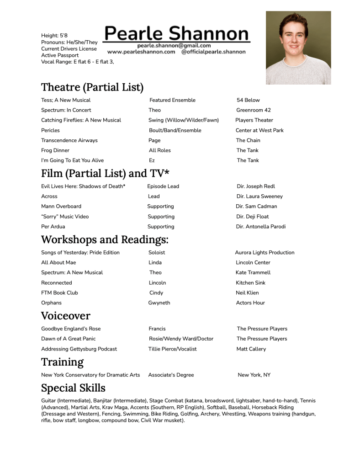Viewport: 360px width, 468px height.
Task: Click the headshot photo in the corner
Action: (298, 48)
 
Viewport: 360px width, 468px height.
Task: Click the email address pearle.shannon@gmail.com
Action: (174, 45)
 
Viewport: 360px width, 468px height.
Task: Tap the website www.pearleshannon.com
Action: (141, 52)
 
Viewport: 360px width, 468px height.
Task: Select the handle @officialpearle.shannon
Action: (213, 52)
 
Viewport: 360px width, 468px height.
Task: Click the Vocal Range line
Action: (77, 62)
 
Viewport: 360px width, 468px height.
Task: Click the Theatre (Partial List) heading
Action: (92, 87)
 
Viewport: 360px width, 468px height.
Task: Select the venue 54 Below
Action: (248, 100)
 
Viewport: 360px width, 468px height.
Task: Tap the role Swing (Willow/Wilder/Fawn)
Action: (184, 120)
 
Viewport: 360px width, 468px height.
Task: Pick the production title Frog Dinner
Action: (55, 150)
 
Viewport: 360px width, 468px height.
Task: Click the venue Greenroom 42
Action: (254, 110)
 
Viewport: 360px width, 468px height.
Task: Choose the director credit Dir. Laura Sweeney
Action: (259, 197)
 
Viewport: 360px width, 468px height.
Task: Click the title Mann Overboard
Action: (61, 207)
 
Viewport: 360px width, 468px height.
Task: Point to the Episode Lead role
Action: (163, 186)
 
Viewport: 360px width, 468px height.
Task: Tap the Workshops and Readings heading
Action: (105, 239)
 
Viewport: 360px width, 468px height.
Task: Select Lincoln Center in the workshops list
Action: (253, 263)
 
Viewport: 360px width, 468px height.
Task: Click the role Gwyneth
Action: (159, 303)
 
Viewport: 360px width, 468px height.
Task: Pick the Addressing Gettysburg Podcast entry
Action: (79, 349)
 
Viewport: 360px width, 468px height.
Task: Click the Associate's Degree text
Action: (171, 375)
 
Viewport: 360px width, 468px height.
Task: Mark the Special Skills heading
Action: (73, 388)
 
